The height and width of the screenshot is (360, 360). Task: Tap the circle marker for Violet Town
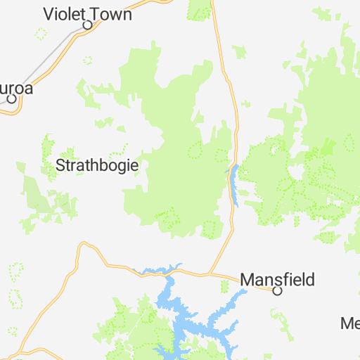pyautogui.click(x=88, y=25)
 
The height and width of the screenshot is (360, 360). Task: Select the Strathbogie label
pyautogui.click(x=96, y=166)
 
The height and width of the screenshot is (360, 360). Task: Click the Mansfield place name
pyautogui.click(x=277, y=279)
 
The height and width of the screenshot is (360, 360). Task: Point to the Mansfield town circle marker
pyautogui.click(x=277, y=290)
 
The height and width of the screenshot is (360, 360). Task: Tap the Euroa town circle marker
pyautogui.click(x=12, y=99)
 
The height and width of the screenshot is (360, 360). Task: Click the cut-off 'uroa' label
pyautogui.click(x=16, y=89)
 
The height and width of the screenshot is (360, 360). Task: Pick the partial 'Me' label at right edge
pyautogui.click(x=350, y=323)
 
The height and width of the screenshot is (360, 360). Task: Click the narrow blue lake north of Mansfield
pyautogui.click(x=233, y=184)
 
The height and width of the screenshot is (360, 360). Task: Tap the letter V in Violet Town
pyautogui.click(x=49, y=13)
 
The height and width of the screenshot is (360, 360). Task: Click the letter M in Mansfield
pyautogui.click(x=247, y=279)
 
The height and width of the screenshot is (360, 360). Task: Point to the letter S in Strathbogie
pyautogui.click(x=59, y=166)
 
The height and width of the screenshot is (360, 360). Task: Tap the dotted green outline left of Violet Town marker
pyautogui.click(x=41, y=33)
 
